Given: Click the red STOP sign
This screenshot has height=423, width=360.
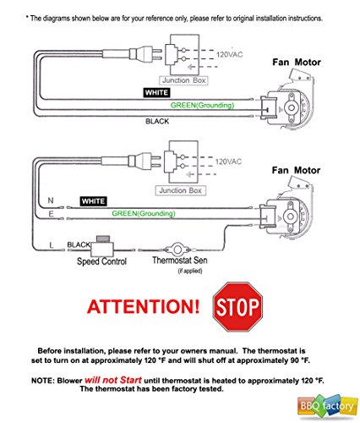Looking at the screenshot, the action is coord(238,307).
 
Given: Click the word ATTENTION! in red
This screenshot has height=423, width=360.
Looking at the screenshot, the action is coord(144,307).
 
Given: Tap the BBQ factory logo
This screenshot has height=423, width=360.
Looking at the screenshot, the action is coord(326,406).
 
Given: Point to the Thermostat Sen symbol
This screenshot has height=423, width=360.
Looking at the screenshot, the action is coord(177,250).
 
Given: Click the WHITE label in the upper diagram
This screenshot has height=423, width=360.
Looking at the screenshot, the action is coord(156,92).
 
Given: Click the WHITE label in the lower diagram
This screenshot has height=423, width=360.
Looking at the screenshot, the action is coord(93,201).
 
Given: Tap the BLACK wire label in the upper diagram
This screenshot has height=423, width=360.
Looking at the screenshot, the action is coord(157,121).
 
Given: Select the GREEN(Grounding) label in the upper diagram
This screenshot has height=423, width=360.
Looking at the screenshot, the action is coord(202,105).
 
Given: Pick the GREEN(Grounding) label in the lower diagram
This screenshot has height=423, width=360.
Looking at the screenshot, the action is coord(144,213).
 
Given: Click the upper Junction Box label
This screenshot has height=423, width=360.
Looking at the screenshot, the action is coord(183,80).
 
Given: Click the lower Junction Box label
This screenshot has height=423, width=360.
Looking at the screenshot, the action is coord(181,190).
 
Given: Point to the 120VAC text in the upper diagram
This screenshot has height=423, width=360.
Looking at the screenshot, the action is coord(229,54).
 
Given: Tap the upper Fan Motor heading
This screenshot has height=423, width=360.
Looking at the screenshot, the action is coord(297,62).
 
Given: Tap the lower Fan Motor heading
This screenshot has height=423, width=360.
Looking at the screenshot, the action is coord(296,170).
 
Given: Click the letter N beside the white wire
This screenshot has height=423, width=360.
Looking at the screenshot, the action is coord(51,201).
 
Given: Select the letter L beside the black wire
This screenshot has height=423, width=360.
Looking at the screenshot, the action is coord(52,245).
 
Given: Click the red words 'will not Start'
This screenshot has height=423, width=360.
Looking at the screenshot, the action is coord(113,380).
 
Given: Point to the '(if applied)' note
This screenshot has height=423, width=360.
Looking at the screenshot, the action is coord(190,271).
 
